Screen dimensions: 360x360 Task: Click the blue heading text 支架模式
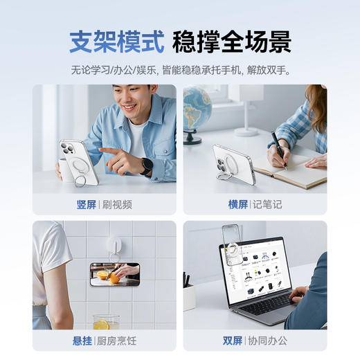[116, 42]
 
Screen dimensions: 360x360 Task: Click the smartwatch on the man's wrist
[147, 165]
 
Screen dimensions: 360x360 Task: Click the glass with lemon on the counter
[106, 323]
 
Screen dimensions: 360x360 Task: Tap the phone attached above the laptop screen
[231, 238]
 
